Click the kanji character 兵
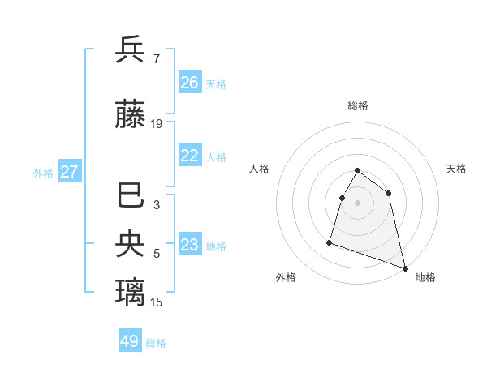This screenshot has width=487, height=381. click(x=130, y=50)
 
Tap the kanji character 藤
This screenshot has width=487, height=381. click(x=130, y=116)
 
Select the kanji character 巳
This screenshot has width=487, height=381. click(x=130, y=197)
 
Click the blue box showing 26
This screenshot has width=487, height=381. click(x=190, y=83)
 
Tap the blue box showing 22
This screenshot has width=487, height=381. click(x=190, y=156)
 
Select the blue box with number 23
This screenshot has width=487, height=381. click(x=190, y=245)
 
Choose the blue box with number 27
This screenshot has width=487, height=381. click(x=69, y=172)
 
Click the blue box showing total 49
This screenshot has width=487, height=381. click(x=130, y=341)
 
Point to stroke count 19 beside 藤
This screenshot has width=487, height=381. click(x=157, y=124)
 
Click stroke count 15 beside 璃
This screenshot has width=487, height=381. click(x=157, y=302)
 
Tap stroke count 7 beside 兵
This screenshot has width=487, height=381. click(x=156, y=58)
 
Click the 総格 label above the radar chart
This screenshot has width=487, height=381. click(x=358, y=106)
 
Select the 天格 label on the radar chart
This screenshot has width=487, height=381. click(x=456, y=169)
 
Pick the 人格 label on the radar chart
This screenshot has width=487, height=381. click(x=259, y=169)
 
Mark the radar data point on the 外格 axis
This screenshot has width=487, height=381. click(x=330, y=242)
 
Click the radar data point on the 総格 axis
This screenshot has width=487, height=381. click(x=358, y=171)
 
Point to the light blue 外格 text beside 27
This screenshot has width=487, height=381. click(x=43, y=173)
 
